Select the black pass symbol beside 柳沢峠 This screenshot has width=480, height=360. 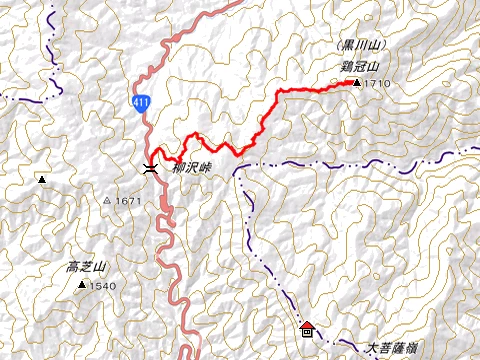point(149,168)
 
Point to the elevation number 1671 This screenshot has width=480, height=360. point(129,201)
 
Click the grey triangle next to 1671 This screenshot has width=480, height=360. point(108,201)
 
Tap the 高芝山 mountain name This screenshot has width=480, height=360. point(86,268)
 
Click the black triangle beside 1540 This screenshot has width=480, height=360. point(81,285)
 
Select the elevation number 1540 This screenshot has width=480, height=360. point(103,286)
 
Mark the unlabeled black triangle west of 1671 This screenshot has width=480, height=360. point(42,180)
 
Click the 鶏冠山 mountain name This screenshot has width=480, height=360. point(360,66)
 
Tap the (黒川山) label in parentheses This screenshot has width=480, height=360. point(361,47)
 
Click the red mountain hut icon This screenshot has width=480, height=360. point(306,327)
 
